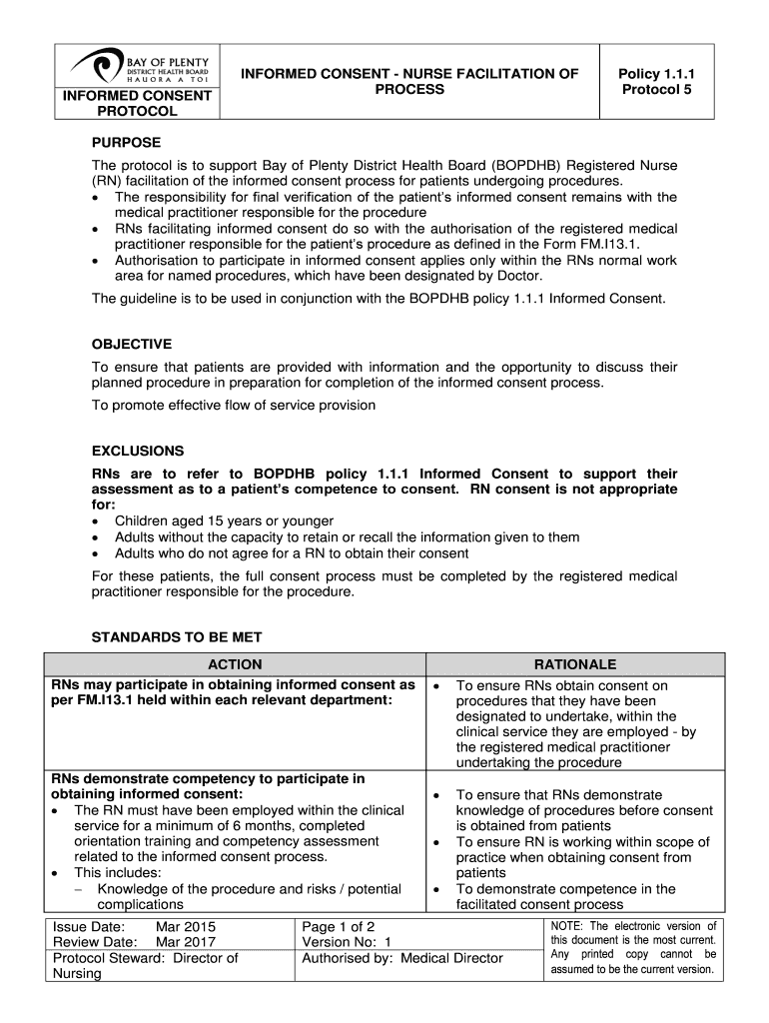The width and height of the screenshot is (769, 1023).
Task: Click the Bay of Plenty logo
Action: [x=139, y=66]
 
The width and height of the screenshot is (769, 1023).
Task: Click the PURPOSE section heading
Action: [x=126, y=143]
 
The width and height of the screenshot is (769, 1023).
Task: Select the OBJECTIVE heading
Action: [x=132, y=344]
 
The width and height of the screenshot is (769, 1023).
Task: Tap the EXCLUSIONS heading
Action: [x=138, y=451]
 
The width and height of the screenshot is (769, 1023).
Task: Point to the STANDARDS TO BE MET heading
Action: [x=177, y=637]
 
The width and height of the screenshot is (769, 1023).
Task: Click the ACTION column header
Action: [x=235, y=664]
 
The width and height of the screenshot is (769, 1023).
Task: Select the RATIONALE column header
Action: [x=575, y=664]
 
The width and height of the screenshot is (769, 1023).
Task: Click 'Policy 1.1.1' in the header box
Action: [x=656, y=74]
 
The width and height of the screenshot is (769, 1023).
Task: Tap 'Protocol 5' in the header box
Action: [x=656, y=90]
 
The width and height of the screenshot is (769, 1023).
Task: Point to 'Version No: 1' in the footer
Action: [x=347, y=942]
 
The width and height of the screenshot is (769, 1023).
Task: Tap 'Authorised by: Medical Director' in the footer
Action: [x=402, y=958]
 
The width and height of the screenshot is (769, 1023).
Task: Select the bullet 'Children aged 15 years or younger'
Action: [x=224, y=521]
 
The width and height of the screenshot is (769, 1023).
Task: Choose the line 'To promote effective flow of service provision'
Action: [x=234, y=405]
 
